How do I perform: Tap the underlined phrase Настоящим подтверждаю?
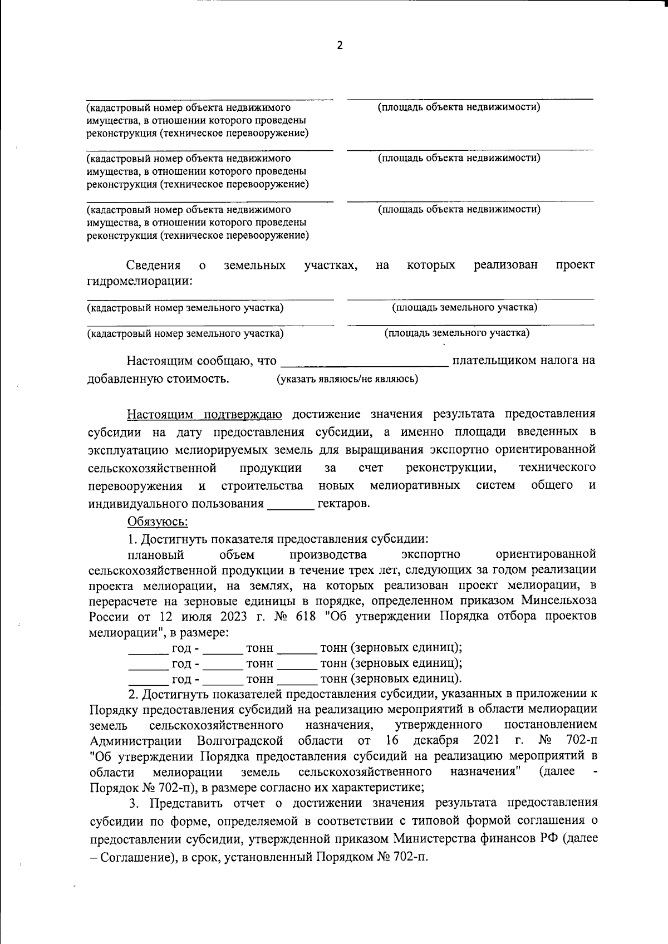click(x=204, y=414)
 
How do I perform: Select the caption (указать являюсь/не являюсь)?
click(x=347, y=379)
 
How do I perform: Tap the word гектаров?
click(x=343, y=504)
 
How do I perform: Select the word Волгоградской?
click(x=240, y=741)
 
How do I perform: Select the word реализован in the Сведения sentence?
click(x=505, y=265)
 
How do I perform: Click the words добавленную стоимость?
click(x=158, y=379)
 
